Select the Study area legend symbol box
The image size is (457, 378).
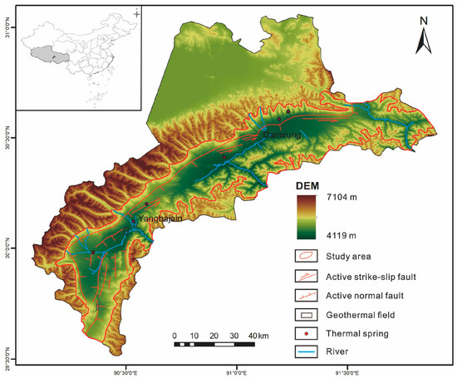click(306, 257)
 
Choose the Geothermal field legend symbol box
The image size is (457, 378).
click(306, 315)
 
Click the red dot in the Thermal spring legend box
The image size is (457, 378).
click(306, 334)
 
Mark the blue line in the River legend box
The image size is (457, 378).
click(306, 353)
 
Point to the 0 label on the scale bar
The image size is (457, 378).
click(174, 336)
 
